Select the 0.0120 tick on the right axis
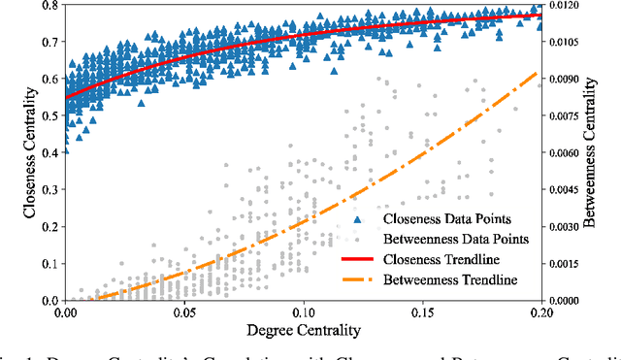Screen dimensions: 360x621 pos(567,6)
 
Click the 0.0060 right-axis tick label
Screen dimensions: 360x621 pos(567,153)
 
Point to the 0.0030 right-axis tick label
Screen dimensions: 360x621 pos(567,227)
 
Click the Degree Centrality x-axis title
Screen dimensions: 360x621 pos(304,331)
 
